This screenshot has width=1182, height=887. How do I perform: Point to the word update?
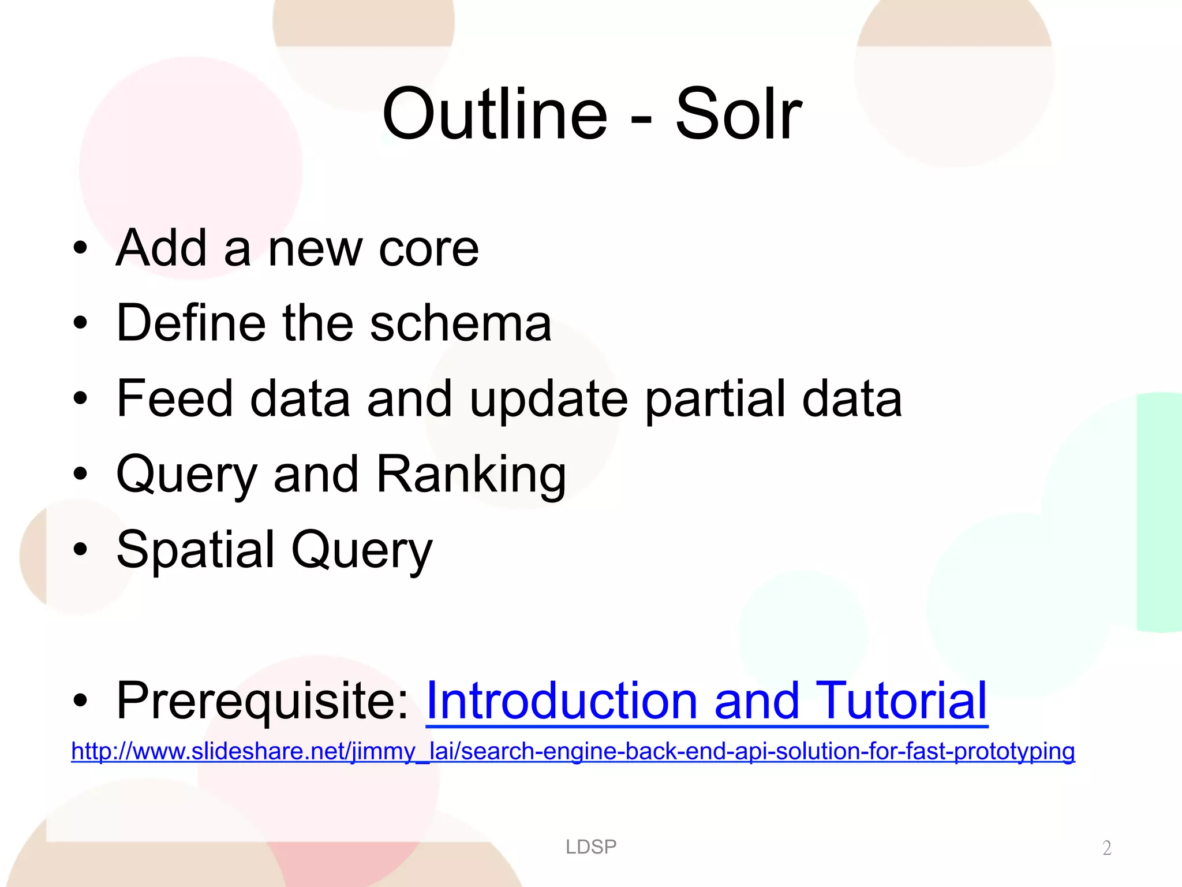pyautogui.click(x=548, y=400)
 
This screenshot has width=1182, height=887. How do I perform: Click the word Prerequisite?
pyautogui.click(x=263, y=701)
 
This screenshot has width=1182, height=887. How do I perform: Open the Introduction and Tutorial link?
pyautogui.click(x=706, y=701)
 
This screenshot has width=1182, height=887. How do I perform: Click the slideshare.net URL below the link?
pyautogui.click(x=573, y=751)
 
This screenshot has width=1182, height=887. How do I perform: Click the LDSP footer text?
pyautogui.click(x=591, y=847)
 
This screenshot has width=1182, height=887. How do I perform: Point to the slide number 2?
pyautogui.click(x=1106, y=848)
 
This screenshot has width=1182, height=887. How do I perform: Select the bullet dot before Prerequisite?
pyautogui.click(x=80, y=701)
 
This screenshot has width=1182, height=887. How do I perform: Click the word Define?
pyautogui.click(x=191, y=323)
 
